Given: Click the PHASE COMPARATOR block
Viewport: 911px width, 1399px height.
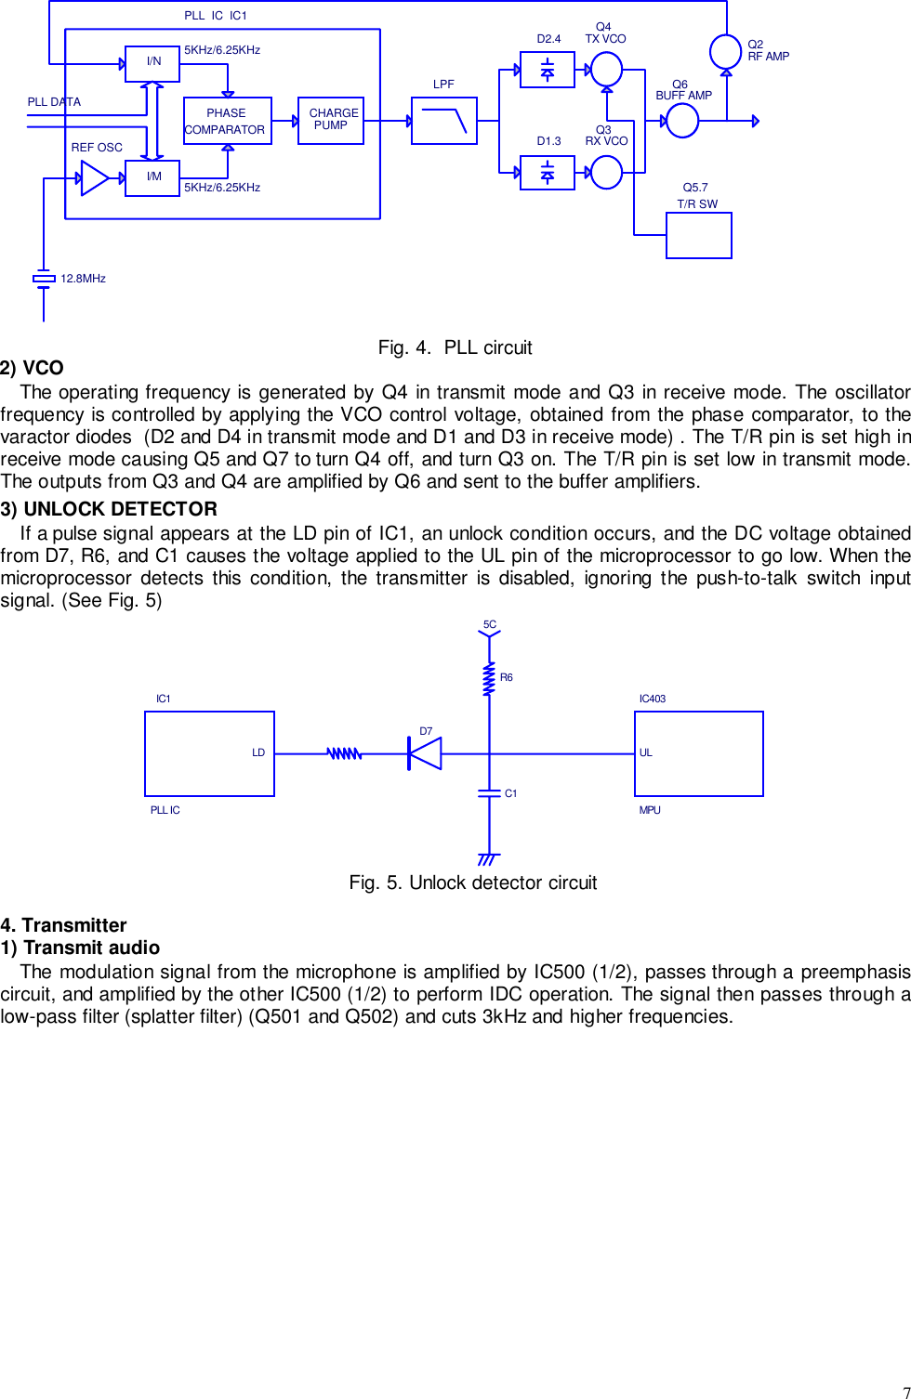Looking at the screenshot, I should [x=227, y=121].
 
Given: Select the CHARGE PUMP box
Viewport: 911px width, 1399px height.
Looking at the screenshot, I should [x=331, y=121].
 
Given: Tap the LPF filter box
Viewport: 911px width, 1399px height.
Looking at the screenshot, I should [x=444, y=121].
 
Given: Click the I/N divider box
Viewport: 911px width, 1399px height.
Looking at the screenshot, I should [x=152, y=63].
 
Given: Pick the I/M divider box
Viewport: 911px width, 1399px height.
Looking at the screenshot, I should [x=152, y=177].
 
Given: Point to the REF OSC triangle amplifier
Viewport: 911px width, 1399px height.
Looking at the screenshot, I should [x=95, y=178].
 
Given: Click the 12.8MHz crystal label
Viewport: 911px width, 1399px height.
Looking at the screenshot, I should [x=83, y=279].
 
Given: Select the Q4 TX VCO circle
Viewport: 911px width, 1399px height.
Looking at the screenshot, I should [x=606, y=69].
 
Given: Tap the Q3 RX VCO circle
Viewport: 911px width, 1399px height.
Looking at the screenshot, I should [x=606, y=173].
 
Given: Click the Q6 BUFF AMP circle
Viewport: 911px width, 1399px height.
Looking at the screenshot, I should [x=682, y=121].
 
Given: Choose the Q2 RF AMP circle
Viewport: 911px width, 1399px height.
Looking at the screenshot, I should [x=725, y=51].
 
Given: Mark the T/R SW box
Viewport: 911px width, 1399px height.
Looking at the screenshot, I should [x=699, y=235].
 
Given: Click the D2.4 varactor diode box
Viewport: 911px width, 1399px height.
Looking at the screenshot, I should [x=548, y=70].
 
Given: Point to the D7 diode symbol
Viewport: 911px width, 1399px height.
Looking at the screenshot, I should [x=425, y=753].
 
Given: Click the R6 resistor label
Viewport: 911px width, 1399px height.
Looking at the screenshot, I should [x=507, y=678].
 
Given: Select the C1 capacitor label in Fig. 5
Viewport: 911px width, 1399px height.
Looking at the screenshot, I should [x=510, y=793].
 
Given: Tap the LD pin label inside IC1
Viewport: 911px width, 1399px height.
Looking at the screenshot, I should [x=258, y=752].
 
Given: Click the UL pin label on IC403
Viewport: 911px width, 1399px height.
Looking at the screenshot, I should [x=646, y=752].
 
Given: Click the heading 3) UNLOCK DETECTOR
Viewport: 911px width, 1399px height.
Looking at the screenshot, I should [x=109, y=509].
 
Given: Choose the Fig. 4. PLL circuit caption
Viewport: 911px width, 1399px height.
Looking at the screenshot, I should [x=455, y=347].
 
